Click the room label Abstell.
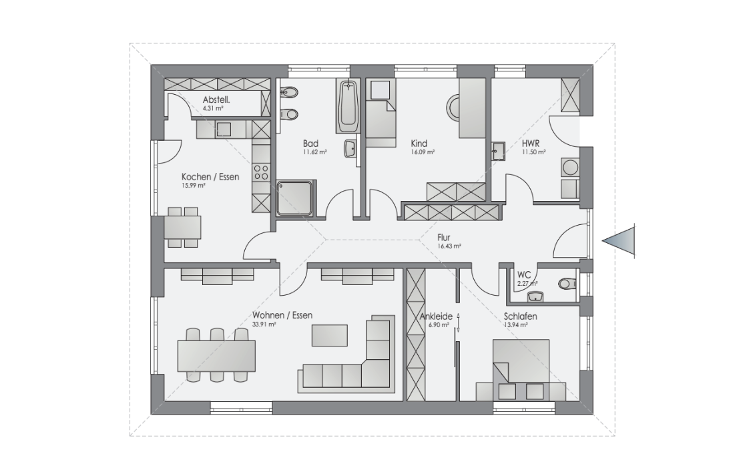click(x=216, y=100)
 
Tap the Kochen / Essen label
click(x=210, y=177)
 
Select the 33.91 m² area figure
click(x=264, y=325)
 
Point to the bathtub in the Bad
click(x=348, y=106)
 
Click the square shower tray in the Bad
click(x=296, y=198)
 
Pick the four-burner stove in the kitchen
click(x=260, y=172)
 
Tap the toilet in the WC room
click(x=567, y=284)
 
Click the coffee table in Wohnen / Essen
click(x=329, y=335)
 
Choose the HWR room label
click(x=530, y=144)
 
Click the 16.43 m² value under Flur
click(x=449, y=246)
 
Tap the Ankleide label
click(x=436, y=316)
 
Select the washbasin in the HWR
click(x=498, y=151)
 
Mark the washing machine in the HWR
click(x=569, y=168)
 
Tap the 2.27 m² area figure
click(x=527, y=284)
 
